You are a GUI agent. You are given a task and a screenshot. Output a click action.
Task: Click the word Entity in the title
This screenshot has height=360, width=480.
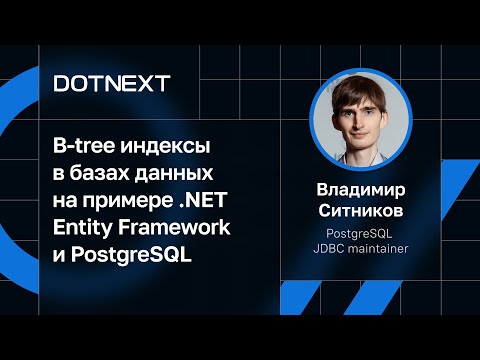click(83, 227)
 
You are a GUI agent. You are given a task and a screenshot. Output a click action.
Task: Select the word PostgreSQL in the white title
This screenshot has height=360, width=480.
click(132, 254)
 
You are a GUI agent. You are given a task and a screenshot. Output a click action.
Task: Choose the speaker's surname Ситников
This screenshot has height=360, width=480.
click(359, 209)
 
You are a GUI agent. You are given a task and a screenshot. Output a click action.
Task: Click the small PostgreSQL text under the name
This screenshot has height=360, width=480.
click(359, 233)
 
